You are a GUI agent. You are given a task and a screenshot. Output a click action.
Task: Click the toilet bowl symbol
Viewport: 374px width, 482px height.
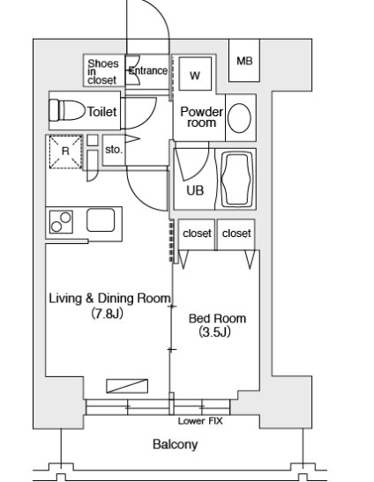point(67,110)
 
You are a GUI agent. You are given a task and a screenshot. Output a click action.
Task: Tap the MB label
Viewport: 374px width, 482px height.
point(244,61)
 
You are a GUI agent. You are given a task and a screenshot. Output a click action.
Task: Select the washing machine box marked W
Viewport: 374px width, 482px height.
point(195,73)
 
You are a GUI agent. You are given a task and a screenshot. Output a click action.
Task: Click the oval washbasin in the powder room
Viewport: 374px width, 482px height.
point(239,118)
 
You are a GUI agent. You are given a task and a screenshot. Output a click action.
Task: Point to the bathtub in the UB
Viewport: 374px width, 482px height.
point(236,180)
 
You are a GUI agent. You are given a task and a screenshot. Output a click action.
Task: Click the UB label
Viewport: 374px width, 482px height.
point(195,190)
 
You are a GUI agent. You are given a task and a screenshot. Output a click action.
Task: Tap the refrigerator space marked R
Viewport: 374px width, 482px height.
point(65,152)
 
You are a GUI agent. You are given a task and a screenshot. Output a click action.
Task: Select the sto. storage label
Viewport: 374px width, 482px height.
point(114,150)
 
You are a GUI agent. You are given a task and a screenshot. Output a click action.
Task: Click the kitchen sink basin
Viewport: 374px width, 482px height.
point(101,219)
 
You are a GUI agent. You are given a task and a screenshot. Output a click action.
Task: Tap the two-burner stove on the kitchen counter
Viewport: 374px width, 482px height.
point(61,222)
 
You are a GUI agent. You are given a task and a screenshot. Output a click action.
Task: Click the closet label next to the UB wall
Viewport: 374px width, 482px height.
point(197,234)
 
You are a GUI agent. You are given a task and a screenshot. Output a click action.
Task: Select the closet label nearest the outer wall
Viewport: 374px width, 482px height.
point(236,234)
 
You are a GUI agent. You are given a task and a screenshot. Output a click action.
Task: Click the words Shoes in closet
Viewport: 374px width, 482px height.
point(102,72)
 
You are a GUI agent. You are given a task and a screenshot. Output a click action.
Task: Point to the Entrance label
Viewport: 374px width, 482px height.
point(148,70)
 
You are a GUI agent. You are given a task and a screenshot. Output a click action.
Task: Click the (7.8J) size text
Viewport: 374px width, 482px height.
point(107,314)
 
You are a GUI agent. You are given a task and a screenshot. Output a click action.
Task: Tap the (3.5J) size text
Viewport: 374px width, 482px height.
point(214,332)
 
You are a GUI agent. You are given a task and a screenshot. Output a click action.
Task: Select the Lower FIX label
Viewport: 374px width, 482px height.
point(200,421)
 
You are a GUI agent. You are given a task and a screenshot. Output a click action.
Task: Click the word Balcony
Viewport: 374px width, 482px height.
point(176,444)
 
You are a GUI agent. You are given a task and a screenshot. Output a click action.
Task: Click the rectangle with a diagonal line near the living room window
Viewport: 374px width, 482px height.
point(127,386)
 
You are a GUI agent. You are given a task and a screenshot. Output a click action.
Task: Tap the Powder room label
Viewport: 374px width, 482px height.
point(202,117)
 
